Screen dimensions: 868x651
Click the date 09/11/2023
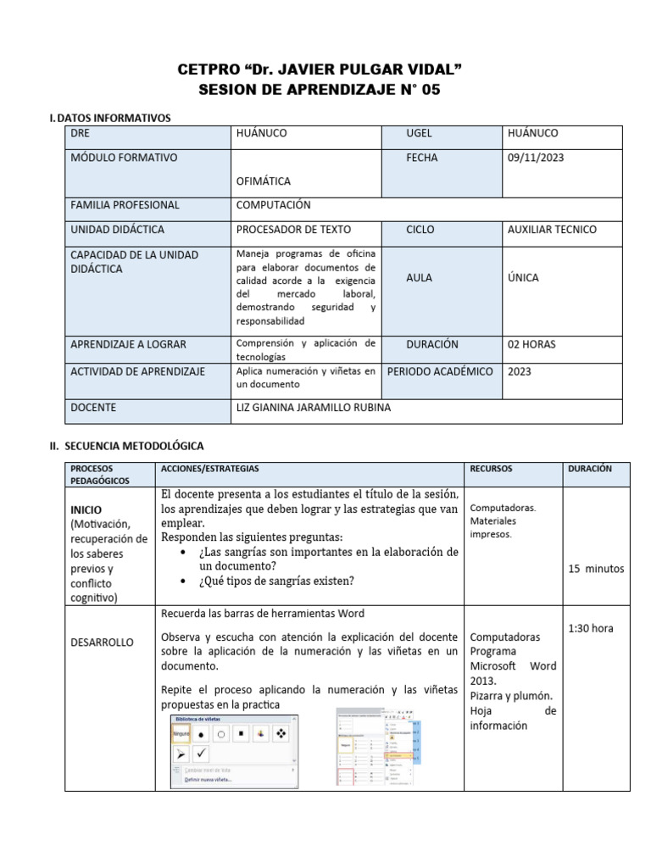coord(536,158)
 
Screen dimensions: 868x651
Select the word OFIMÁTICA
coord(264,181)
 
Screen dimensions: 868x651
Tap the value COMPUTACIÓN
coord(273,204)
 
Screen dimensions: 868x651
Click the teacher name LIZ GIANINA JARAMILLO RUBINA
coord(314,408)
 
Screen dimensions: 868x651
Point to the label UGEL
coord(420,133)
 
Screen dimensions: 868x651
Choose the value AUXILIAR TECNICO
coord(552,230)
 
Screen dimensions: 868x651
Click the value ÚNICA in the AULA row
coord(523,277)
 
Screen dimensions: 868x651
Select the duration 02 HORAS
coord(532,344)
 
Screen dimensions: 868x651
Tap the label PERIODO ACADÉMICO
coord(440,371)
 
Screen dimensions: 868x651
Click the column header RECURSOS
coord(491,469)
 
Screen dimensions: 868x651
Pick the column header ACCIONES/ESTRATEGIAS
coord(209,469)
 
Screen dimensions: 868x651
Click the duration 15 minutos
coord(596,569)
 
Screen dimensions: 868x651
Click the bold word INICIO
coord(86,510)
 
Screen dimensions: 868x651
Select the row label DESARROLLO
coord(102,643)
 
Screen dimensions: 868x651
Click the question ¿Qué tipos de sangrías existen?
coord(276,581)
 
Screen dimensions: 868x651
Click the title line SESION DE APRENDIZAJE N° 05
coord(320,89)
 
